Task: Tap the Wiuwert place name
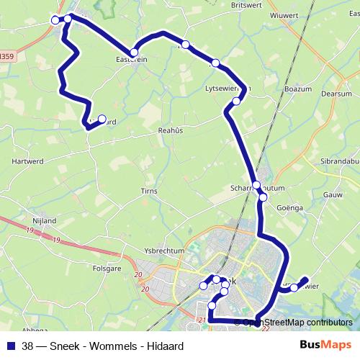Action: [283, 15]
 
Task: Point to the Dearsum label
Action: [336, 94]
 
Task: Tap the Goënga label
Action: [291, 207]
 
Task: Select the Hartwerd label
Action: [27, 162]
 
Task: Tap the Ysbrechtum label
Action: [165, 251]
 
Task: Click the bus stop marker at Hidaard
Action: [102, 120]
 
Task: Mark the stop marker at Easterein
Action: [133, 53]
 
